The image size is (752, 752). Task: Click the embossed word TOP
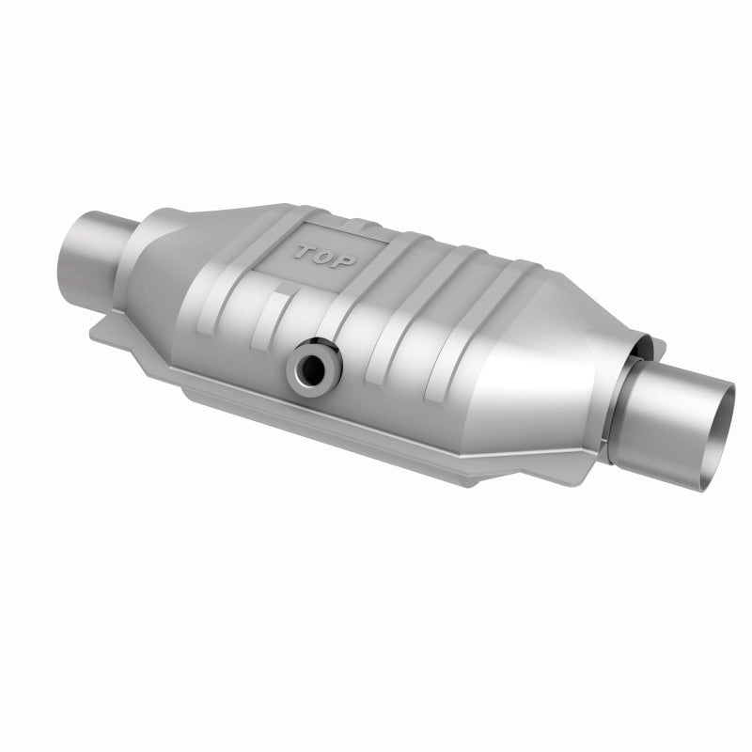pyautogui.click(x=325, y=257)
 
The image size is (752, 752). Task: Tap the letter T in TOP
pyautogui.click(x=305, y=251)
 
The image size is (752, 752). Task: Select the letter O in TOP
pyautogui.click(x=324, y=257)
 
